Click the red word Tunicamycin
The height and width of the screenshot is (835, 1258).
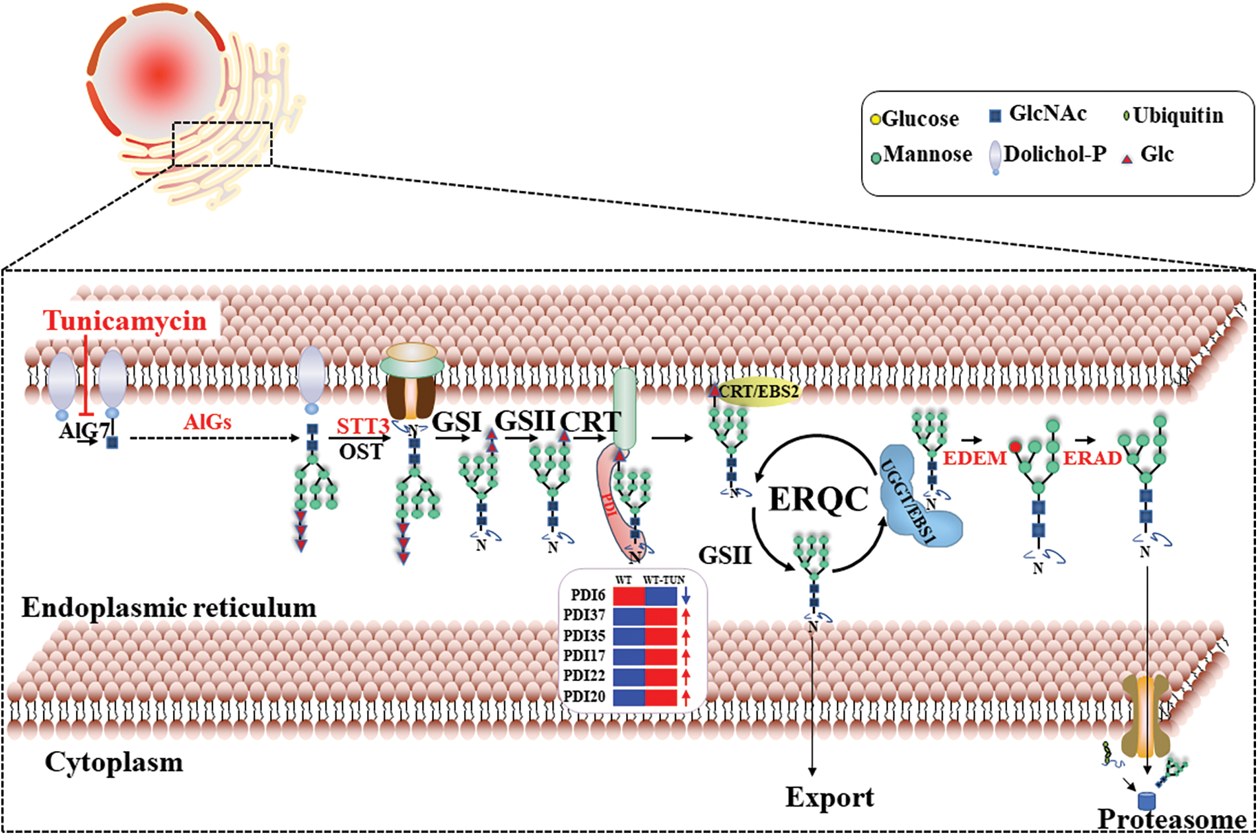click(x=125, y=321)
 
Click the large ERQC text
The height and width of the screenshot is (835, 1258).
click(x=818, y=499)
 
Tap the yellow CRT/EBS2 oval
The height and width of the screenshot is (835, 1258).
click(x=758, y=392)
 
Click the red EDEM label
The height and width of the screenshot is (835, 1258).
click(x=974, y=458)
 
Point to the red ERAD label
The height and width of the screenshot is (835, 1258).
click(x=1092, y=458)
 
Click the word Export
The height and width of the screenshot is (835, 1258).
click(x=829, y=797)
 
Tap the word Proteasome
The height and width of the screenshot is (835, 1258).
click(x=1171, y=820)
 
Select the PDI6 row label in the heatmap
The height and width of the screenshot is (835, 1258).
click(x=588, y=595)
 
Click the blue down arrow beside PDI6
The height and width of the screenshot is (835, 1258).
click(x=686, y=596)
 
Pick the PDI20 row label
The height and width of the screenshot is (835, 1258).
click(x=584, y=696)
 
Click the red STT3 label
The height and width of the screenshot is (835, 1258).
click(x=363, y=426)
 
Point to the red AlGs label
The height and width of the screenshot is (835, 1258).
click(x=207, y=421)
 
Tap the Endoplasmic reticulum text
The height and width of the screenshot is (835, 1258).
click(x=169, y=608)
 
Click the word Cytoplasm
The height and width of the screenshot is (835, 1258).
click(x=114, y=762)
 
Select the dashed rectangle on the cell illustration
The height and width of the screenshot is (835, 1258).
click(x=222, y=144)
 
